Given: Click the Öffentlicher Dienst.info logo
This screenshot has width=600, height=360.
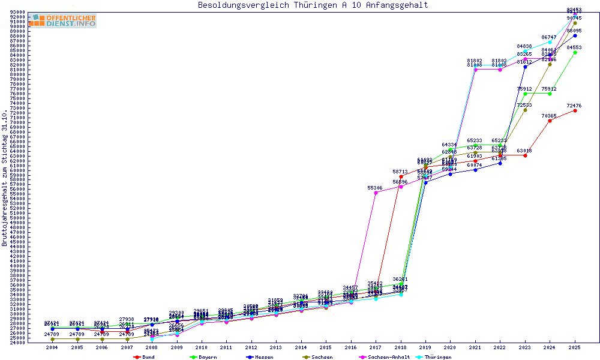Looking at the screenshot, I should pos(62,20).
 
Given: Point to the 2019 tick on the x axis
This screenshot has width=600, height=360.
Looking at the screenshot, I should pos(425,347).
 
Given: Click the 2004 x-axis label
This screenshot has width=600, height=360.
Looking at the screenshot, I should pos(53,347).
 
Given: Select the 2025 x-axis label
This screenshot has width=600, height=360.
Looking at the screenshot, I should pos(575,347).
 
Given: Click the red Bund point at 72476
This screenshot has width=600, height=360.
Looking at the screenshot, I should pos(575,110).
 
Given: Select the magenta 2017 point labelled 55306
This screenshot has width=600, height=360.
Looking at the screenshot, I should pos(376,193).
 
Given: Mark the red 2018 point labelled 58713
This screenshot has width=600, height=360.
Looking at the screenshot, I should pos(401,176).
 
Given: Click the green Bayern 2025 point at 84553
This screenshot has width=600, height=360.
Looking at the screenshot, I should pos(575,52).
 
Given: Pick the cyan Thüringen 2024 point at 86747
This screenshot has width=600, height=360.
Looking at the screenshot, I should pos(550,42).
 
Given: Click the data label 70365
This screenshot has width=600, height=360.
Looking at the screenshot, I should pos(549,116).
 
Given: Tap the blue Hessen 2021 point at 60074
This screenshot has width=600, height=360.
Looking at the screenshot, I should pos(475,170).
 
